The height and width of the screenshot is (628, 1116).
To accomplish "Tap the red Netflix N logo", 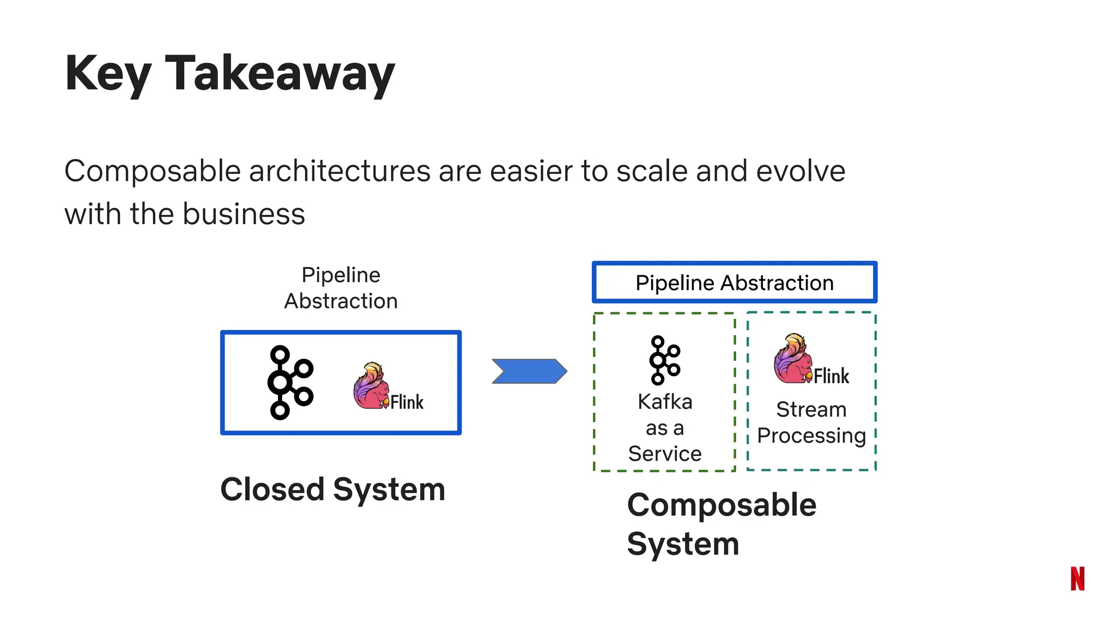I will [1077, 578].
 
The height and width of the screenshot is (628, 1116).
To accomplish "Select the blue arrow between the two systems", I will [529, 371].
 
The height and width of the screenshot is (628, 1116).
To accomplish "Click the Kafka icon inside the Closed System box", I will [290, 383].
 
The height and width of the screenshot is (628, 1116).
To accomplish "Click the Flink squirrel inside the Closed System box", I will [371, 386].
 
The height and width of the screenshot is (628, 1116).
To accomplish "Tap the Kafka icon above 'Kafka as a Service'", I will [664, 360].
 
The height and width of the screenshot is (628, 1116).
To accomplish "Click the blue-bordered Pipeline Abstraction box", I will [734, 282].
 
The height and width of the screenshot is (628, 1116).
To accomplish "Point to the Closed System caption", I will [332, 489].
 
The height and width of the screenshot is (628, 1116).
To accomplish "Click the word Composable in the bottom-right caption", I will [721, 505].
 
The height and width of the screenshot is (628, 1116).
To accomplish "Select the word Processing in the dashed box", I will [811, 436].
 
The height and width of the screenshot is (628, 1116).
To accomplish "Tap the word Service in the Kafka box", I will [664, 454].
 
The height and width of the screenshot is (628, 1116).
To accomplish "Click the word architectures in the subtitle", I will [340, 171].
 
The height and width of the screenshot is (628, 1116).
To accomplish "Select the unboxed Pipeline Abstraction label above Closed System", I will [341, 288].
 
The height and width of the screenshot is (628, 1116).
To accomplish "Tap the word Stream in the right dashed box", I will [811, 409].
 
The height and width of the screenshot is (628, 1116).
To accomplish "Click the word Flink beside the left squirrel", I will [407, 402].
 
